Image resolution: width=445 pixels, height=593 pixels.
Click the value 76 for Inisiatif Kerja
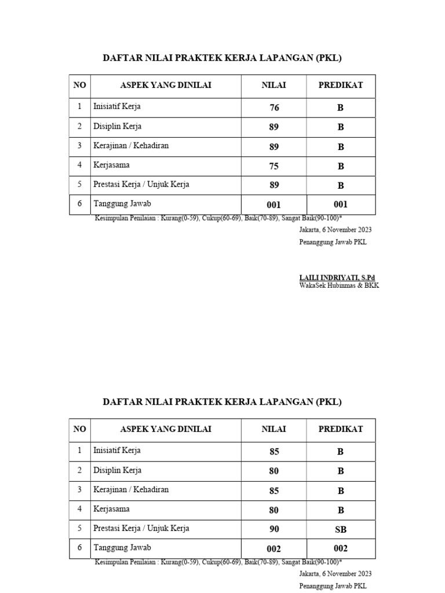pyautogui.click(x=274, y=108)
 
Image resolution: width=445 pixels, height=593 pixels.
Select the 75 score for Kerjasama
pyautogui.click(x=274, y=166)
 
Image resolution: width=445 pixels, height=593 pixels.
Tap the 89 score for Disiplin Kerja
pyautogui.click(x=274, y=127)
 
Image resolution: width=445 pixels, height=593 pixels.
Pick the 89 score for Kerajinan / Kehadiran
pyautogui.click(x=274, y=147)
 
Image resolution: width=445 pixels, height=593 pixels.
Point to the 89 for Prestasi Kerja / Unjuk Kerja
pyautogui.click(x=274, y=186)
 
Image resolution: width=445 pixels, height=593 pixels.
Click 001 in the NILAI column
pyautogui.click(x=273, y=204)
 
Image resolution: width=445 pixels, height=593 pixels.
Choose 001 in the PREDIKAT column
pyautogui.click(x=341, y=204)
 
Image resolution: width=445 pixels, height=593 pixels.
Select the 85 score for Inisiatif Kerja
pyautogui.click(x=274, y=452)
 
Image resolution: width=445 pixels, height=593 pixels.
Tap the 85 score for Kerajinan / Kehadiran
pyautogui.click(x=274, y=491)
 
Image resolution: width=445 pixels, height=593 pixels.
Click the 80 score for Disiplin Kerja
pyautogui.click(x=274, y=471)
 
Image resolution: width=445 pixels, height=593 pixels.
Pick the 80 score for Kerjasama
pyautogui.click(x=274, y=510)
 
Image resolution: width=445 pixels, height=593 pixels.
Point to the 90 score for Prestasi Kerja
pyautogui.click(x=274, y=529)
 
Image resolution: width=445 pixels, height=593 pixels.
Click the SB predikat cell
pyautogui.click(x=341, y=529)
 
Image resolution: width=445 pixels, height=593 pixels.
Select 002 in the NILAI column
pyautogui.click(x=273, y=548)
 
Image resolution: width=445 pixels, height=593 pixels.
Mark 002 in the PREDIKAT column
pyautogui.click(x=341, y=548)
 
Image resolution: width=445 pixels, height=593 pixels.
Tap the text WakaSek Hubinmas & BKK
pyautogui.click(x=339, y=285)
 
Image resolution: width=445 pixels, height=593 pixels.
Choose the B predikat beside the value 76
pyautogui.click(x=341, y=108)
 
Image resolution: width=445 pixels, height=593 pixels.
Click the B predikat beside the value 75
pyautogui.click(x=341, y=166)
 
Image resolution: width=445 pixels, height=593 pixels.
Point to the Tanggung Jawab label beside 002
pyautogui.click(x=122, y=547)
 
